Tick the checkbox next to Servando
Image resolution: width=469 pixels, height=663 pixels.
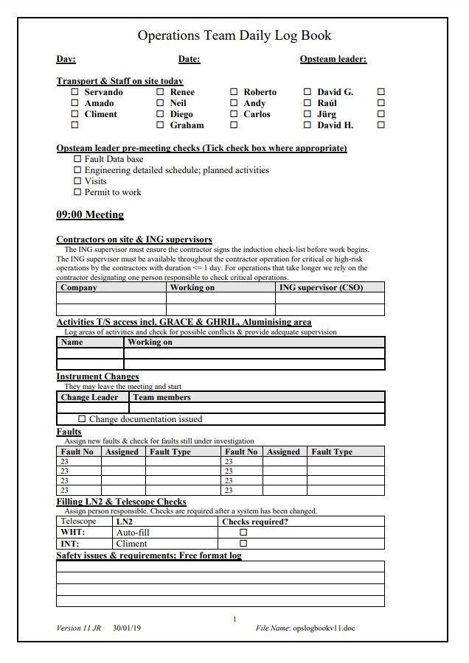click(x=74, y=92)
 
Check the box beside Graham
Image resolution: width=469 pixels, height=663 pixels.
click(x=160, y=125)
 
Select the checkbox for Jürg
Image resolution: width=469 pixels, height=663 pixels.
click(x=308, y=114)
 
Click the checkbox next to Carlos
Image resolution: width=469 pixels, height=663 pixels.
click(x=234, y=114)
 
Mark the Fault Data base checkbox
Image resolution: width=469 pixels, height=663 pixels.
click(x=78, y=159)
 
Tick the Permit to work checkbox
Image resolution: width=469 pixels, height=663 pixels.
click(x=78, y=192)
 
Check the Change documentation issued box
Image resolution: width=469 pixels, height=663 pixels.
click(x=82, y=419)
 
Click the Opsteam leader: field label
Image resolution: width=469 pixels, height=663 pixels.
click(x=333, y=59)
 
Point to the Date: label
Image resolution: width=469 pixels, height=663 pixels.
click(x=189, y=59)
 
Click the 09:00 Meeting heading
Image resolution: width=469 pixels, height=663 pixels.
click(x=90, y=215)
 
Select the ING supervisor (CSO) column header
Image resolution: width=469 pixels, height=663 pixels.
click(x=321, y=288)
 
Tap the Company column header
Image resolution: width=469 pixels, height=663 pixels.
click(x=79, y=288)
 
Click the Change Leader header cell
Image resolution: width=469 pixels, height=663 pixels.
click(x=89, y=397)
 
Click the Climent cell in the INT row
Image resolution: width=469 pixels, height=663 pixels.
click(x=132, y=544)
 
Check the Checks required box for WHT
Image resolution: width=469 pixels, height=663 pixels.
click(x=243, y=533)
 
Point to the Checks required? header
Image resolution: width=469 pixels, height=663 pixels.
click(x=255, y=522)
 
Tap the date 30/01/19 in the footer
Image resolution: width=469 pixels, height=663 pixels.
click(x=127, y=628)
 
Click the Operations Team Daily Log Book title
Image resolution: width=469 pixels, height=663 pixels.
click(x=234, y=35)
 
